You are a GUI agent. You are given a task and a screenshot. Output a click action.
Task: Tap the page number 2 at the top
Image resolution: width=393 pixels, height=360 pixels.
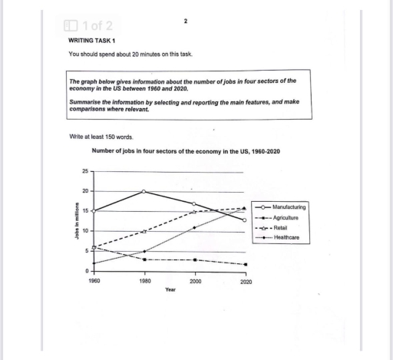(186, 21)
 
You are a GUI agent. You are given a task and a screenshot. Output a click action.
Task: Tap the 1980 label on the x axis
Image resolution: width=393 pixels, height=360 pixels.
(144, 282)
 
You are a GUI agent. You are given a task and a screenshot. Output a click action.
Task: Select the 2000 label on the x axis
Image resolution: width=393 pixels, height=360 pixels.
(194, 282)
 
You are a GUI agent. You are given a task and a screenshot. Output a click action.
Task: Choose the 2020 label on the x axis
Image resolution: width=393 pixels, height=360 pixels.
(244, 282)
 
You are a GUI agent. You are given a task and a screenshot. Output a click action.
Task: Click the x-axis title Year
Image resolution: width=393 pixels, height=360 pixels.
(170, 290)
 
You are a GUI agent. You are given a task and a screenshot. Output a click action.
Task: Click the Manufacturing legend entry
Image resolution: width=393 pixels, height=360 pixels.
(289, 208)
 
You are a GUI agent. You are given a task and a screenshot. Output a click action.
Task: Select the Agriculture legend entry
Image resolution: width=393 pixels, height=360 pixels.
(286, 218)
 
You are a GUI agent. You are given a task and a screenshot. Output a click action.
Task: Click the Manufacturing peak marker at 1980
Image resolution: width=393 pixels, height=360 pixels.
(144, 191)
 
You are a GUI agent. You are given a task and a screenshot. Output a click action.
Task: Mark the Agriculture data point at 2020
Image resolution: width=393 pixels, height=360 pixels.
(244, 265)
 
